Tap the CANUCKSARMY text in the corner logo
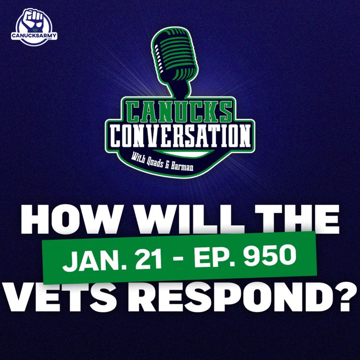click(x=34, y=36)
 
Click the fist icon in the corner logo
click(x=34, y=18)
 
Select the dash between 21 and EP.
click(x=171, y=260)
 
